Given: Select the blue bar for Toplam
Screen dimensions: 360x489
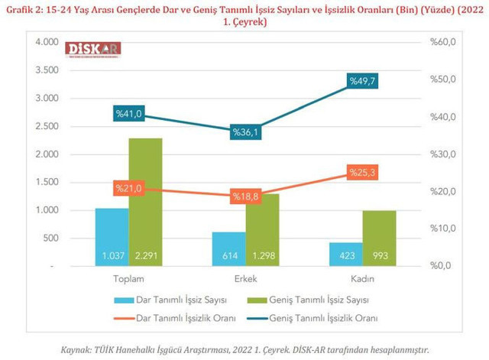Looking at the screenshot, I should point(112,237).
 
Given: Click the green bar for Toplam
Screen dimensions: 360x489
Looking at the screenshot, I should point(145,203).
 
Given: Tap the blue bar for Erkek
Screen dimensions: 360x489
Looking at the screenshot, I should point(229,248).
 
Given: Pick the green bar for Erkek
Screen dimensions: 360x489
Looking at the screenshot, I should point(262,229).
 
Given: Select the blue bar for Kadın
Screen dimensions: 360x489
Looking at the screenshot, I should point(346,254).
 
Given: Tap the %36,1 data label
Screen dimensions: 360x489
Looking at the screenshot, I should point(246,132).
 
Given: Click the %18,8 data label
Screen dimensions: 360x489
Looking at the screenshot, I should point(246,196).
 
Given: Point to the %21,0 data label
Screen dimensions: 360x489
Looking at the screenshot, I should point(128,188).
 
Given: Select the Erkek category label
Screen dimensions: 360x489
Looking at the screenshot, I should point(245,279).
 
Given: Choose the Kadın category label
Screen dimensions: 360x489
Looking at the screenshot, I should point(362,279).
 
